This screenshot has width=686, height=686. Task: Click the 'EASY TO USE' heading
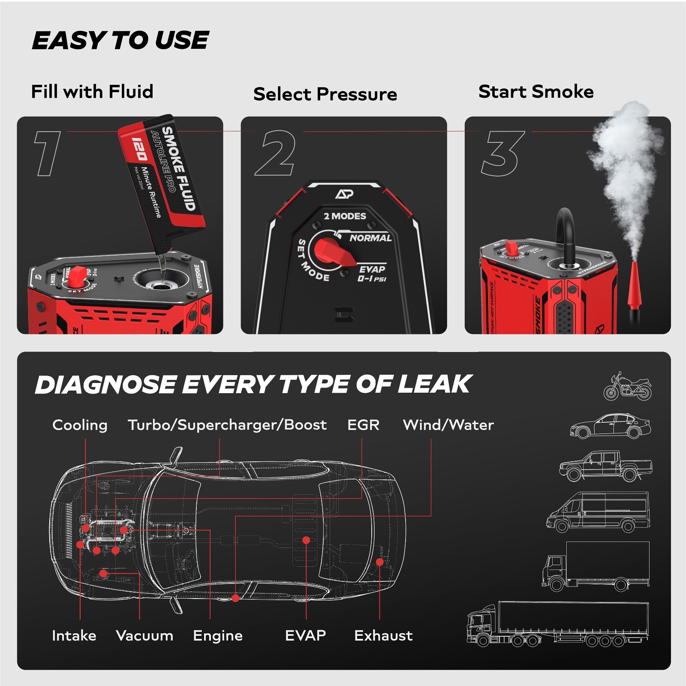tap(120, 40)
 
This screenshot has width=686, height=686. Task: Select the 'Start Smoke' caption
tap(536, 92)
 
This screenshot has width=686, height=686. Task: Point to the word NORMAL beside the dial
tap(370, 238)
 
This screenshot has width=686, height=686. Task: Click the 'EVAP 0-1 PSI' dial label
tap(372, 274)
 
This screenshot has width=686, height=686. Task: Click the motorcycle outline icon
tap(627, 387)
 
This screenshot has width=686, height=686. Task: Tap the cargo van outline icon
tap(598, 512)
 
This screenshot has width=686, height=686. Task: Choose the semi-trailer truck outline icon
tap(557, 624)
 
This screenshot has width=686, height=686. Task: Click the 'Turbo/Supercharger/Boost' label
tap(227, 425)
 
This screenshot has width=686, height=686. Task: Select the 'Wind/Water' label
tap(448, 425)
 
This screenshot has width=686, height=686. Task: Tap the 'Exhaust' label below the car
tap(383, 635)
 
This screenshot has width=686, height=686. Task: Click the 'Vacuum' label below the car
tap(144, 635)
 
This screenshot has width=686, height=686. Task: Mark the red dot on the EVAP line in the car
tap(306, 540)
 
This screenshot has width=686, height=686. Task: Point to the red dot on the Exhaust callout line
tap(379, 562)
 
